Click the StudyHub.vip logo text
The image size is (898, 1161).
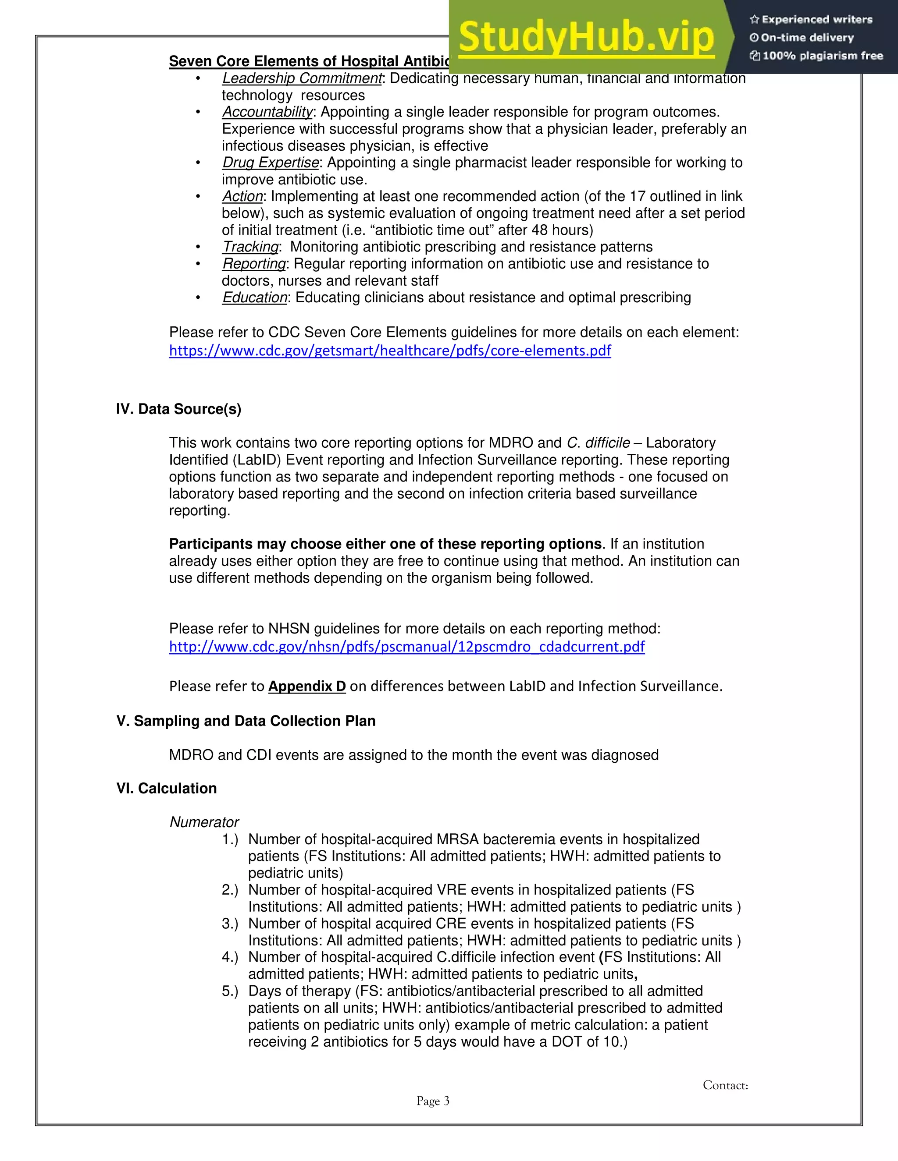click(x=586, y=37)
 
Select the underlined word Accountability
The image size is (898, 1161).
click(x=267, y=112)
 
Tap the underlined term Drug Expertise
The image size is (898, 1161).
click(x=270, y=162)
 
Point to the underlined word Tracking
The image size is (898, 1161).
click(x=250, y=247)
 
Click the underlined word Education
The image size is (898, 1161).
click(x=254, y=297)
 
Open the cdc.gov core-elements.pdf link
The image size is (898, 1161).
click(x=390, y=351)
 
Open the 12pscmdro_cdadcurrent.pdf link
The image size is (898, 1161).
click(x=406, y=647)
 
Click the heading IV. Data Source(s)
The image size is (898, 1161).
click(x=179, y=409)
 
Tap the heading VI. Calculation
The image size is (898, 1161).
click(x=167, y=788)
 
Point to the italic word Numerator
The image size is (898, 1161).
click(x=204, y=822)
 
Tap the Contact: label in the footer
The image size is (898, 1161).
click(x=725, y=1085)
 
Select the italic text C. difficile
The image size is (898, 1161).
click(x=598, y=443)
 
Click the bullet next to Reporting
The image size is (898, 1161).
click(x=198, y=264)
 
